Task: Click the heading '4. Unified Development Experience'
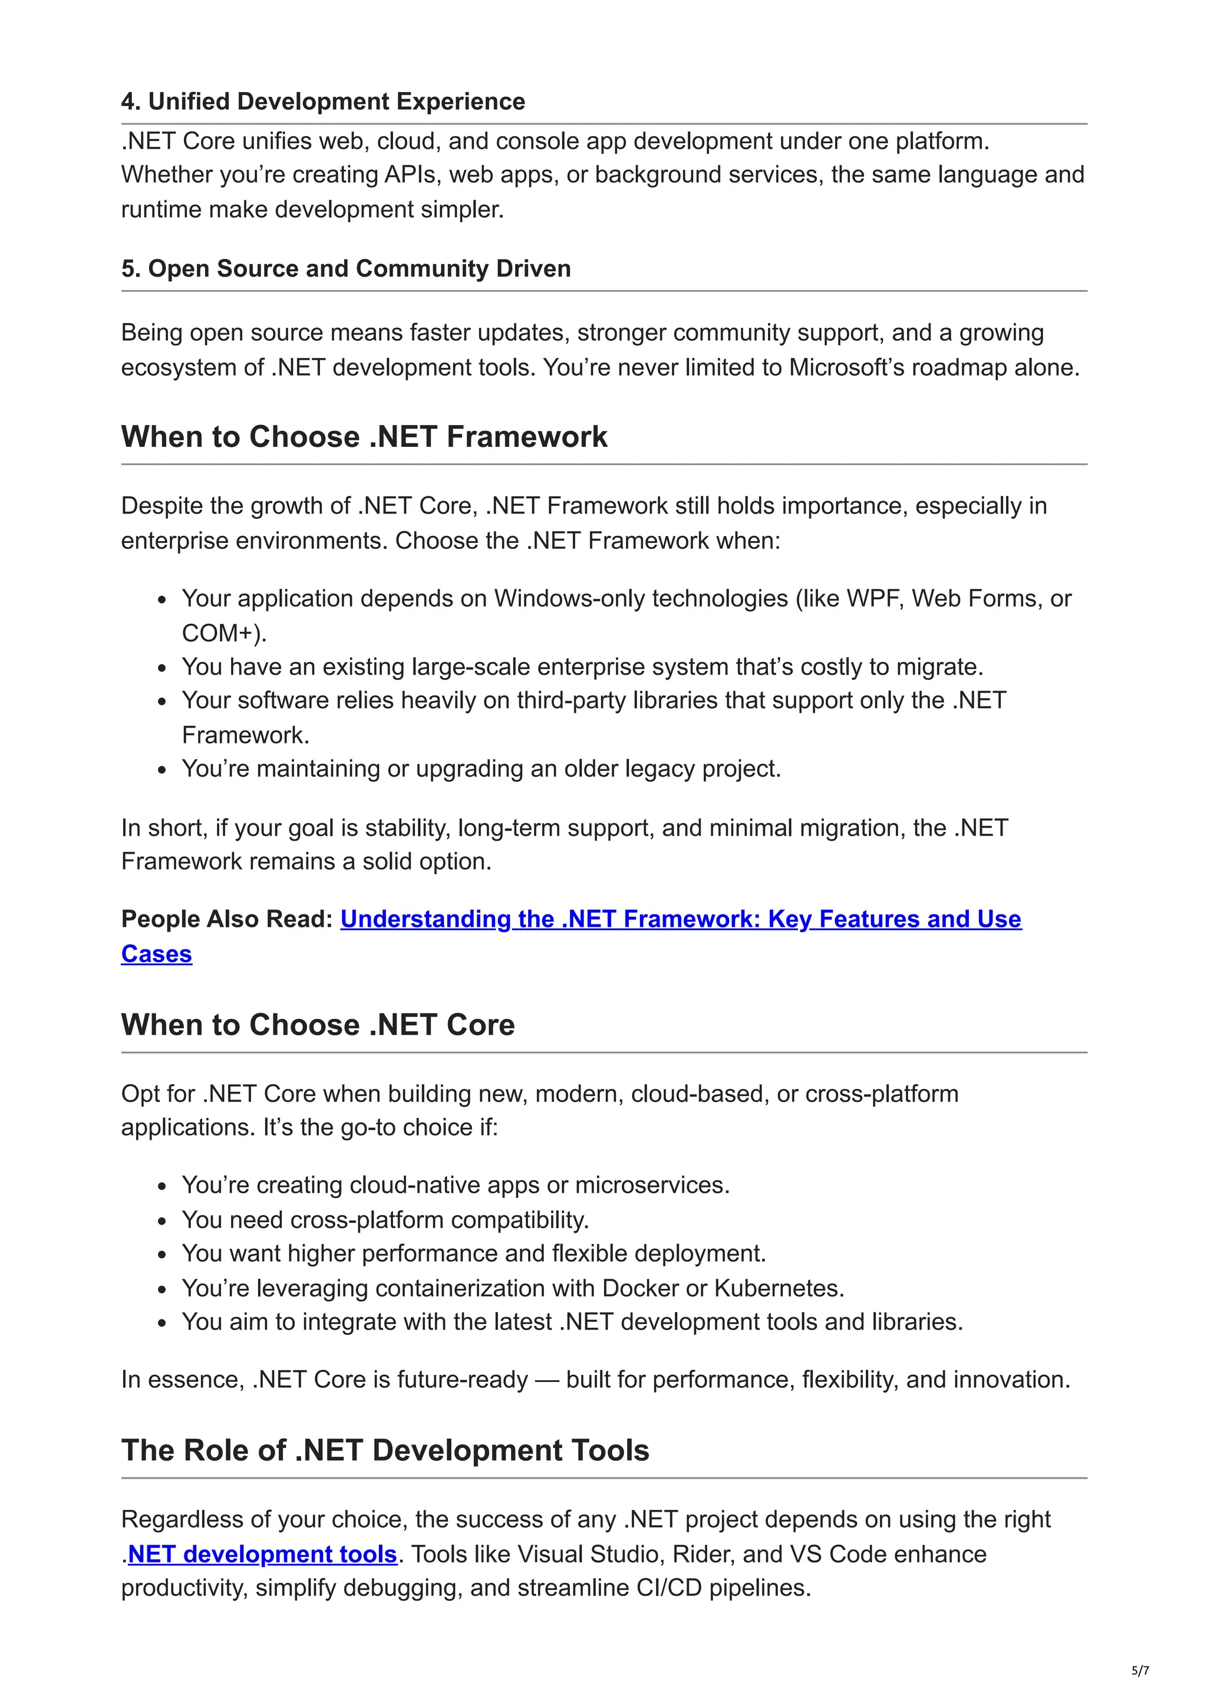coord(323,101)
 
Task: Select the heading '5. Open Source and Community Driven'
coord(346,268)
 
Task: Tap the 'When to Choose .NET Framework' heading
coord(364,437)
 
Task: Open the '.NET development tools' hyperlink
coord(262,1554)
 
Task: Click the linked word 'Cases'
coord(156,954)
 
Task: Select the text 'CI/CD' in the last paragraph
coord(668,1588)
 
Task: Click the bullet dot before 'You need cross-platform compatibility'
coord(163,1221)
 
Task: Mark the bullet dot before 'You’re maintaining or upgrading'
coord(163,769)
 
